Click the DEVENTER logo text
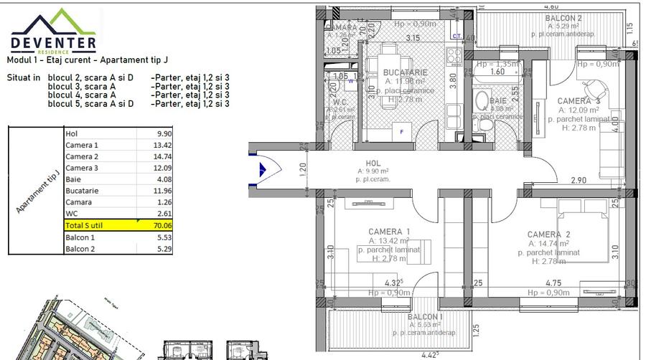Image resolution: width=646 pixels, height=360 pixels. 54,42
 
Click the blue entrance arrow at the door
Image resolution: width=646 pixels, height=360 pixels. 263,170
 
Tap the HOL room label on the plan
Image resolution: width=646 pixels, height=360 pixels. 373,164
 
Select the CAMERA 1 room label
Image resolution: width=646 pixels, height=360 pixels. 389,232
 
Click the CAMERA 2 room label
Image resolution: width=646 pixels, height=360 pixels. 548,235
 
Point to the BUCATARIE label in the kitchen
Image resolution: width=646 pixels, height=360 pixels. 405,72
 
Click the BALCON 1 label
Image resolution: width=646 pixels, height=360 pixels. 424,316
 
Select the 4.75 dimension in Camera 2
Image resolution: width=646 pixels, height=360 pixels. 553,283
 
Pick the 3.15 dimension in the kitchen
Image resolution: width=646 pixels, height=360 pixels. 413,37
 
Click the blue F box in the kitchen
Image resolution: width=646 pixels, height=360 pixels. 401,132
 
